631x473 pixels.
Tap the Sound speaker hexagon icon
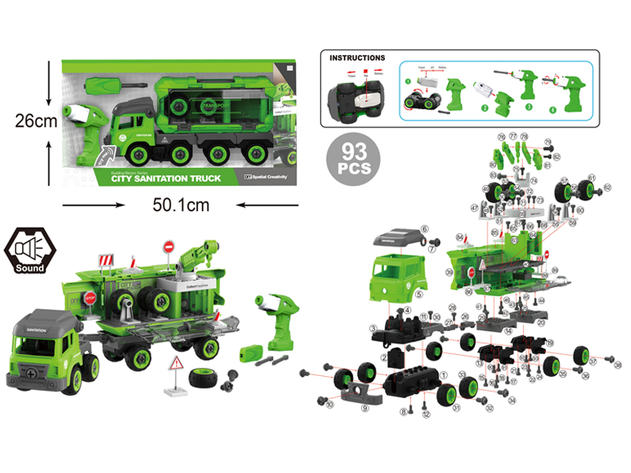click(29, 251)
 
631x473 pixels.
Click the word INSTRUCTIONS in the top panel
click(357, 58)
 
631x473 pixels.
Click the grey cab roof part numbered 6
click(398, 234)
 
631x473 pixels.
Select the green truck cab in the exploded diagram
click(398, 276)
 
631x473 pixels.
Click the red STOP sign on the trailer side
click(90, 299)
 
